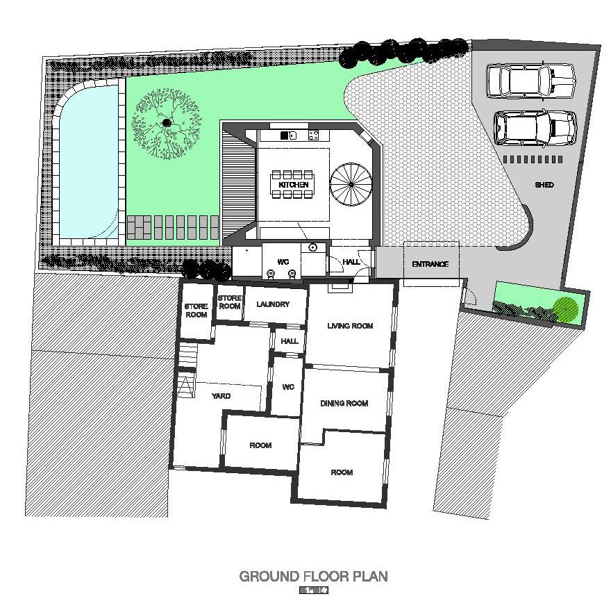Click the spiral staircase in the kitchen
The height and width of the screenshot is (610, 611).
coord(351,184)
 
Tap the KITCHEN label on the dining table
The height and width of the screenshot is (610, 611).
coord(294,185)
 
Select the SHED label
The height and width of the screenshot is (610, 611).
coord(544,185)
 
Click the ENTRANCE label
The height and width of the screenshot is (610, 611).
coord(430,264)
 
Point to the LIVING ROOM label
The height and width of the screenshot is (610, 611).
coord(350,326)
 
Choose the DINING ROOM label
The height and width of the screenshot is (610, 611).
coord(344,403)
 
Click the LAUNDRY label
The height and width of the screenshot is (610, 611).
coord(273,304)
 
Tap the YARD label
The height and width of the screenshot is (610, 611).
coord(221,396)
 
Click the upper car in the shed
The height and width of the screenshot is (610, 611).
coord(530,81)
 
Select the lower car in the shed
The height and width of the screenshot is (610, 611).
coord(535,129)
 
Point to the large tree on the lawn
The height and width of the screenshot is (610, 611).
coord(167,123)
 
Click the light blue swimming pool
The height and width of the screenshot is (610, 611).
coord(88,162)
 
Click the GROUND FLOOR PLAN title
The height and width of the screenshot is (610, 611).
coord(313,576)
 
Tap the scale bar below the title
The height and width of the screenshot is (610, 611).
coord(314,590)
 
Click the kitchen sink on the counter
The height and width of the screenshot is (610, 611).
coord(289,135)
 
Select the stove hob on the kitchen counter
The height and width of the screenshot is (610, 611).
coord(314,135)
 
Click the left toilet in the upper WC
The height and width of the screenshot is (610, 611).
coord(270,274)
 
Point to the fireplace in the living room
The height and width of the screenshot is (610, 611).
coord(340,287)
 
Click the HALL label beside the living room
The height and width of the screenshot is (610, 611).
coord(290,341)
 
